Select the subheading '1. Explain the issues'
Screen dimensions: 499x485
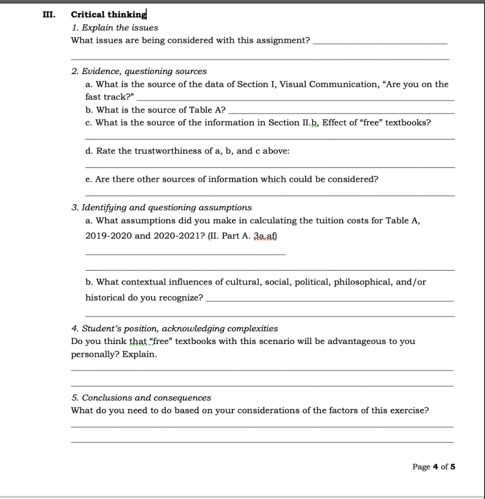pos(115,28)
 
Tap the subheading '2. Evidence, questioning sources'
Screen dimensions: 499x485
pos(139,72)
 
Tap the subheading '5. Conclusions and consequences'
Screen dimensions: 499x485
pos(141,398)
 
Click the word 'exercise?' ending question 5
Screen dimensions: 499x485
pos(409,410)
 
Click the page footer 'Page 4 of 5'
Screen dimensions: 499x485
pos(433,467)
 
